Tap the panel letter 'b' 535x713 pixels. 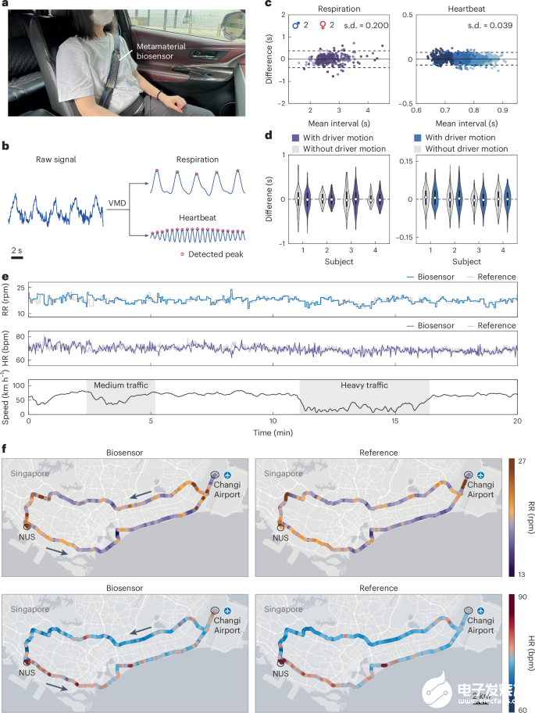click(5, 146)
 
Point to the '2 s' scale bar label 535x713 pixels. click(16, 249)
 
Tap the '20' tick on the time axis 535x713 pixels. click(516, 421)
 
